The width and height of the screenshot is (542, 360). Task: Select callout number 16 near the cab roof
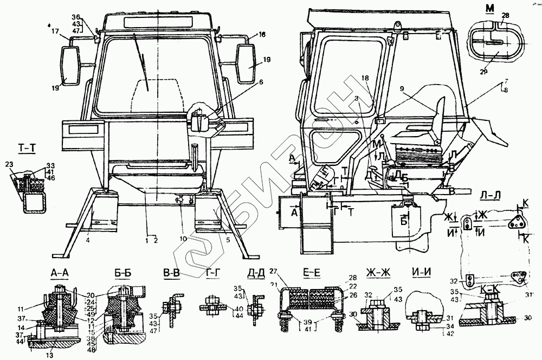261,35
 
